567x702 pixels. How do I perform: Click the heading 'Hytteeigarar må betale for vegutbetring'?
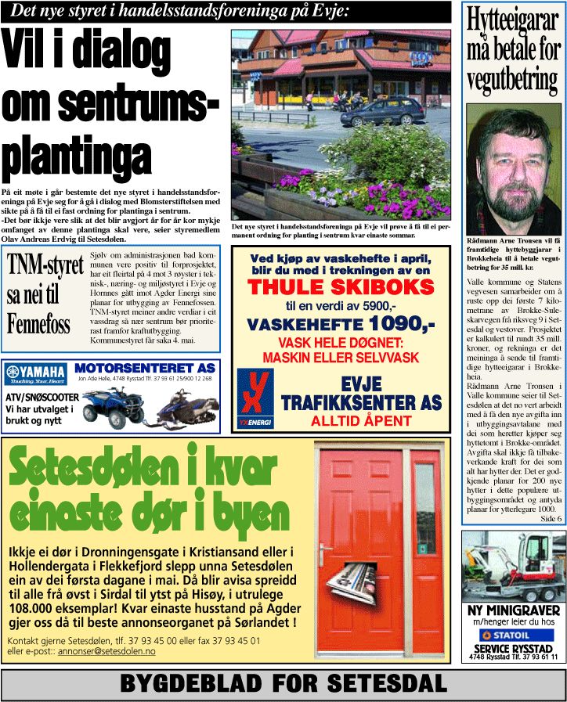514,50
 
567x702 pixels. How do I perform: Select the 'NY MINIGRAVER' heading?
514,610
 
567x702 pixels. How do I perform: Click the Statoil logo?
513,635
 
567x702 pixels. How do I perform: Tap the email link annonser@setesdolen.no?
112,651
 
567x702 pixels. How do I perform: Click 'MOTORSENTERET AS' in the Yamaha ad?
145,368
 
